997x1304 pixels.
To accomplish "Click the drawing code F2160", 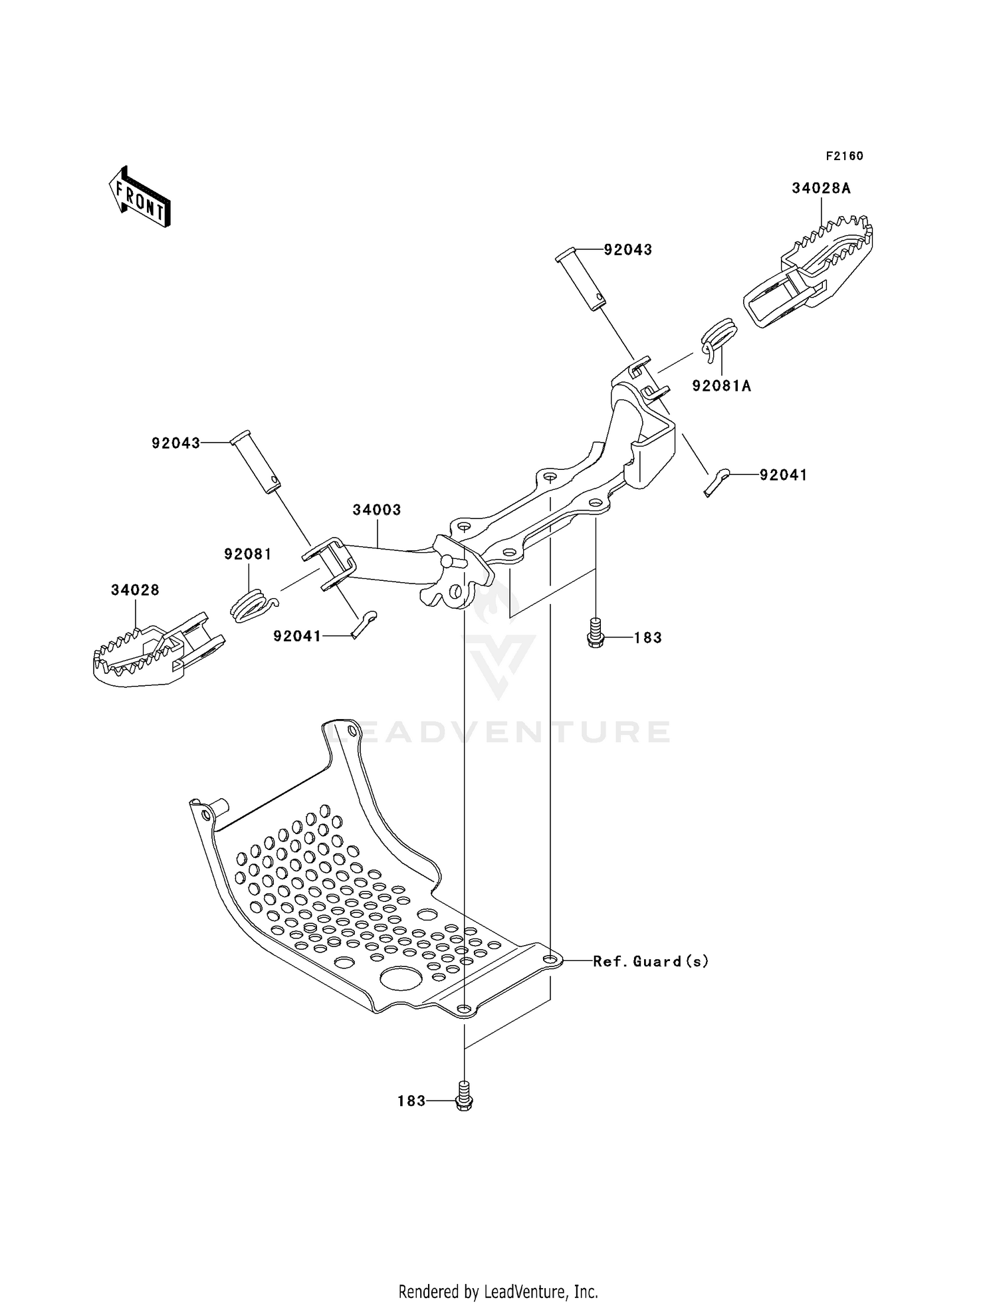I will pyautogui.click(x=844, y=156).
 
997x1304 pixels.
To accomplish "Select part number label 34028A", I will pyautogui.click(x=821, y=188).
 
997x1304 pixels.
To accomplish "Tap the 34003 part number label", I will pyautogui.click(x=377, y=510).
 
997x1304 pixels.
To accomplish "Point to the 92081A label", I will pyautogui.click(x=721, y=386).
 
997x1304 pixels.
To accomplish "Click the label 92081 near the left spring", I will pyautogui.click(x=248, y=554).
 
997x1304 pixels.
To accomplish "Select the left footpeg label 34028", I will pyautogui.click(x=135, y=590).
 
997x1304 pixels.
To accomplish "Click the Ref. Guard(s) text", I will pyautogui.click(x=651, y=961).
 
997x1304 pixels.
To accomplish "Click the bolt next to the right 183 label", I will pyautogui.click(x=596, y=632).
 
